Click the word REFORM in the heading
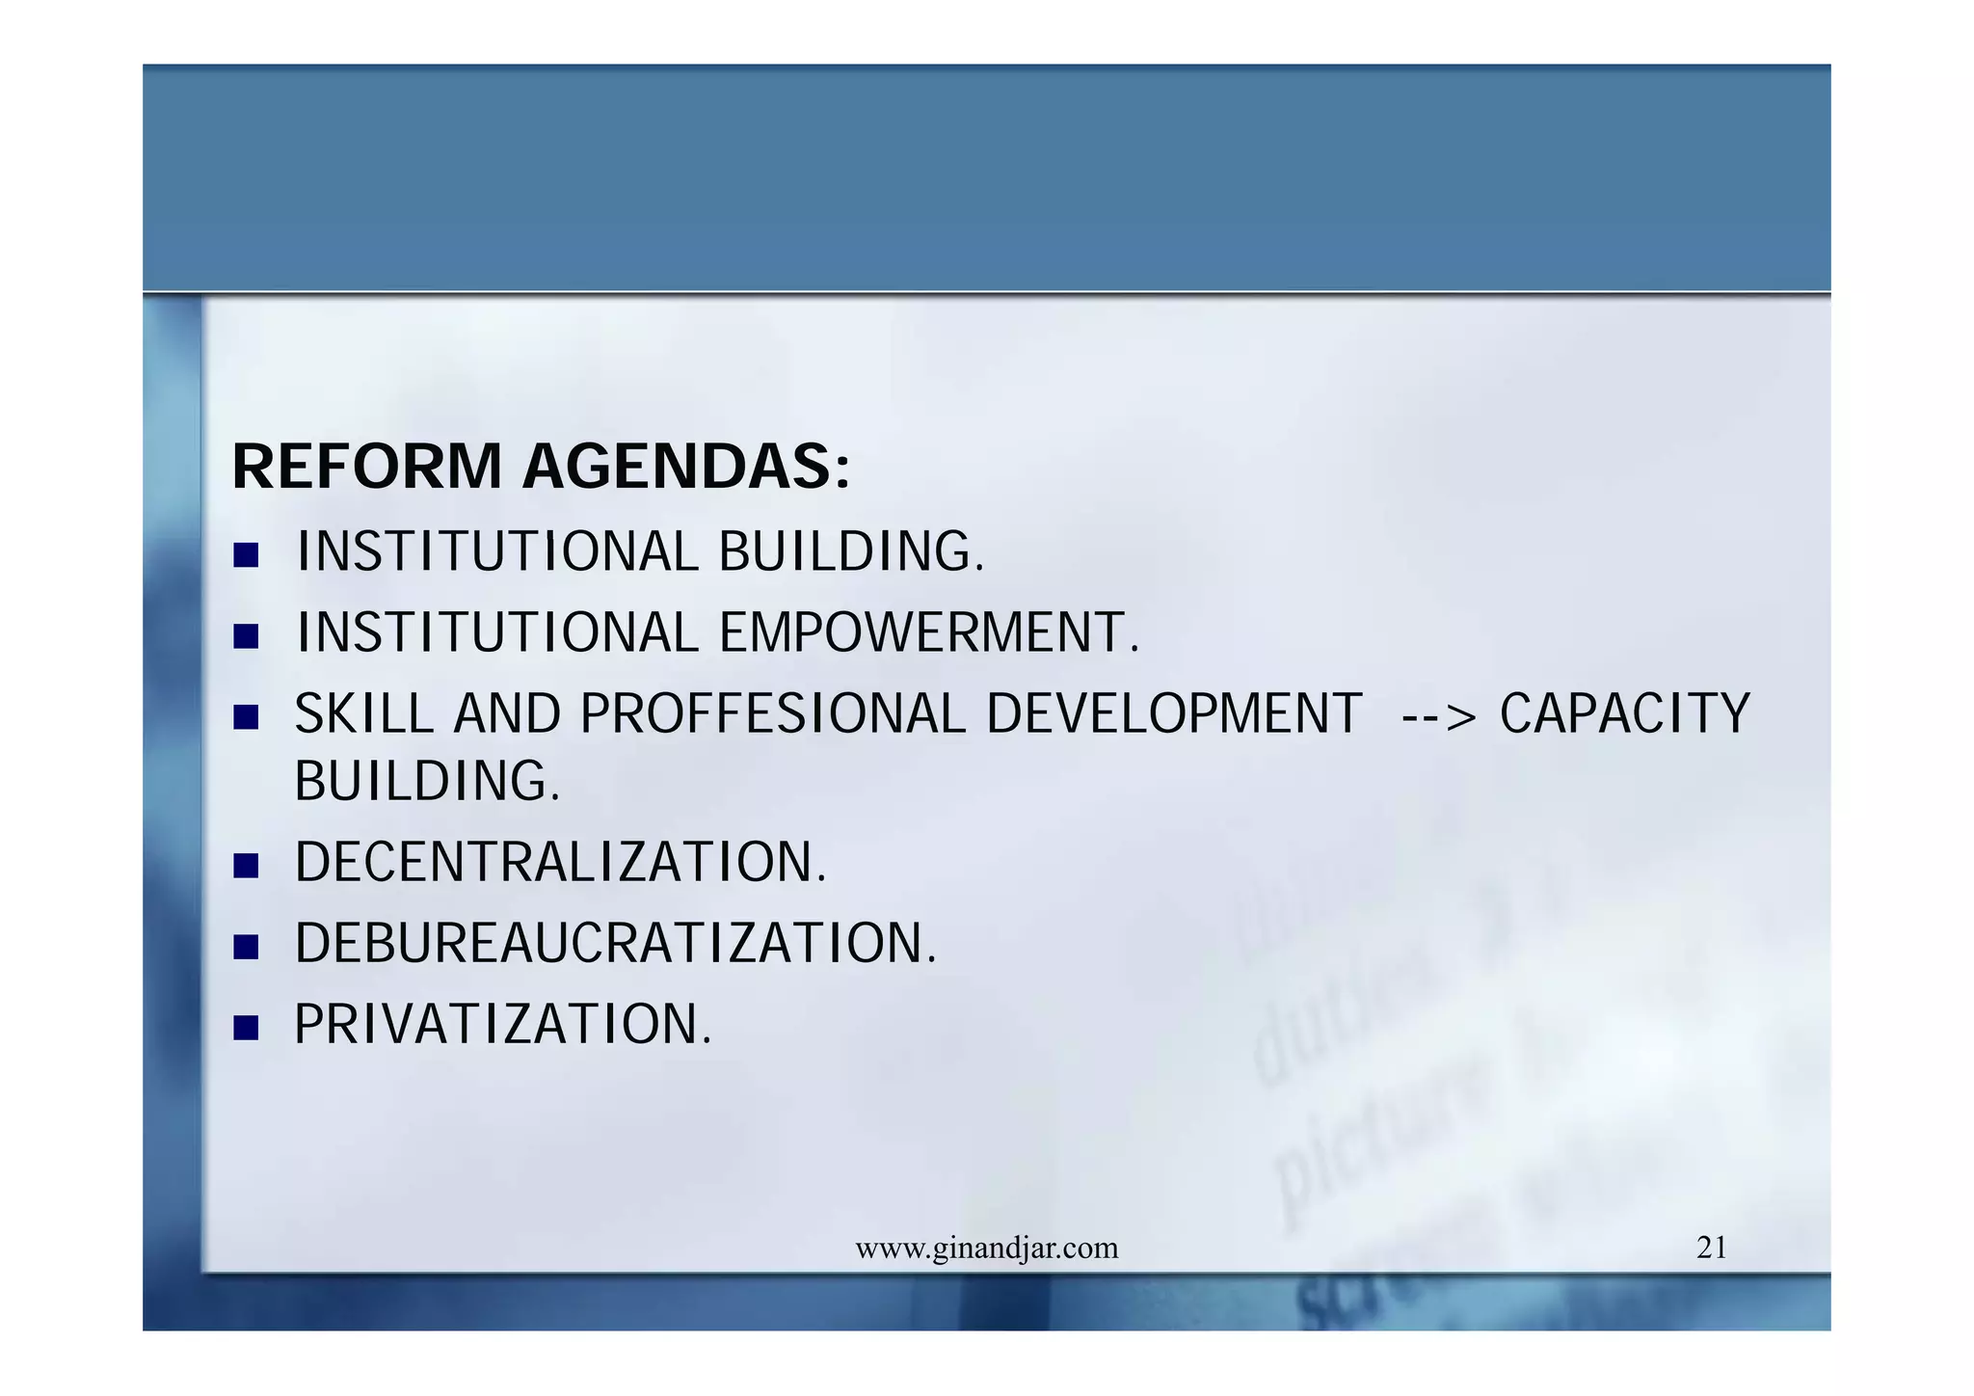pos(367,468)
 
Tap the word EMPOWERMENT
pos(928,633)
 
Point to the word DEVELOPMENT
pos(1174,714)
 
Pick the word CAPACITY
pos(1624,714)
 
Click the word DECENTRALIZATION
pos(560,862)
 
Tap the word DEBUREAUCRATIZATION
pos(615,943)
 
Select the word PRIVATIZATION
pos(502,1024)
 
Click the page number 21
pos(1711,1248)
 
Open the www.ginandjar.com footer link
pos(987,1249)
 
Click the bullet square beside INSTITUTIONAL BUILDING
pos(247,555)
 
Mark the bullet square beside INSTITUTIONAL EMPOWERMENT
pos(247,636)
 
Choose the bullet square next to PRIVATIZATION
pos(247,1028)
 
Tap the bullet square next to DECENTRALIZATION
pos(247,866)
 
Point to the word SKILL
pos(363,714)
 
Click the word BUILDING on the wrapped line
pos(426,781)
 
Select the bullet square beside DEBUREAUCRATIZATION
pos(247,947)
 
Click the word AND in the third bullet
pos(507,714)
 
